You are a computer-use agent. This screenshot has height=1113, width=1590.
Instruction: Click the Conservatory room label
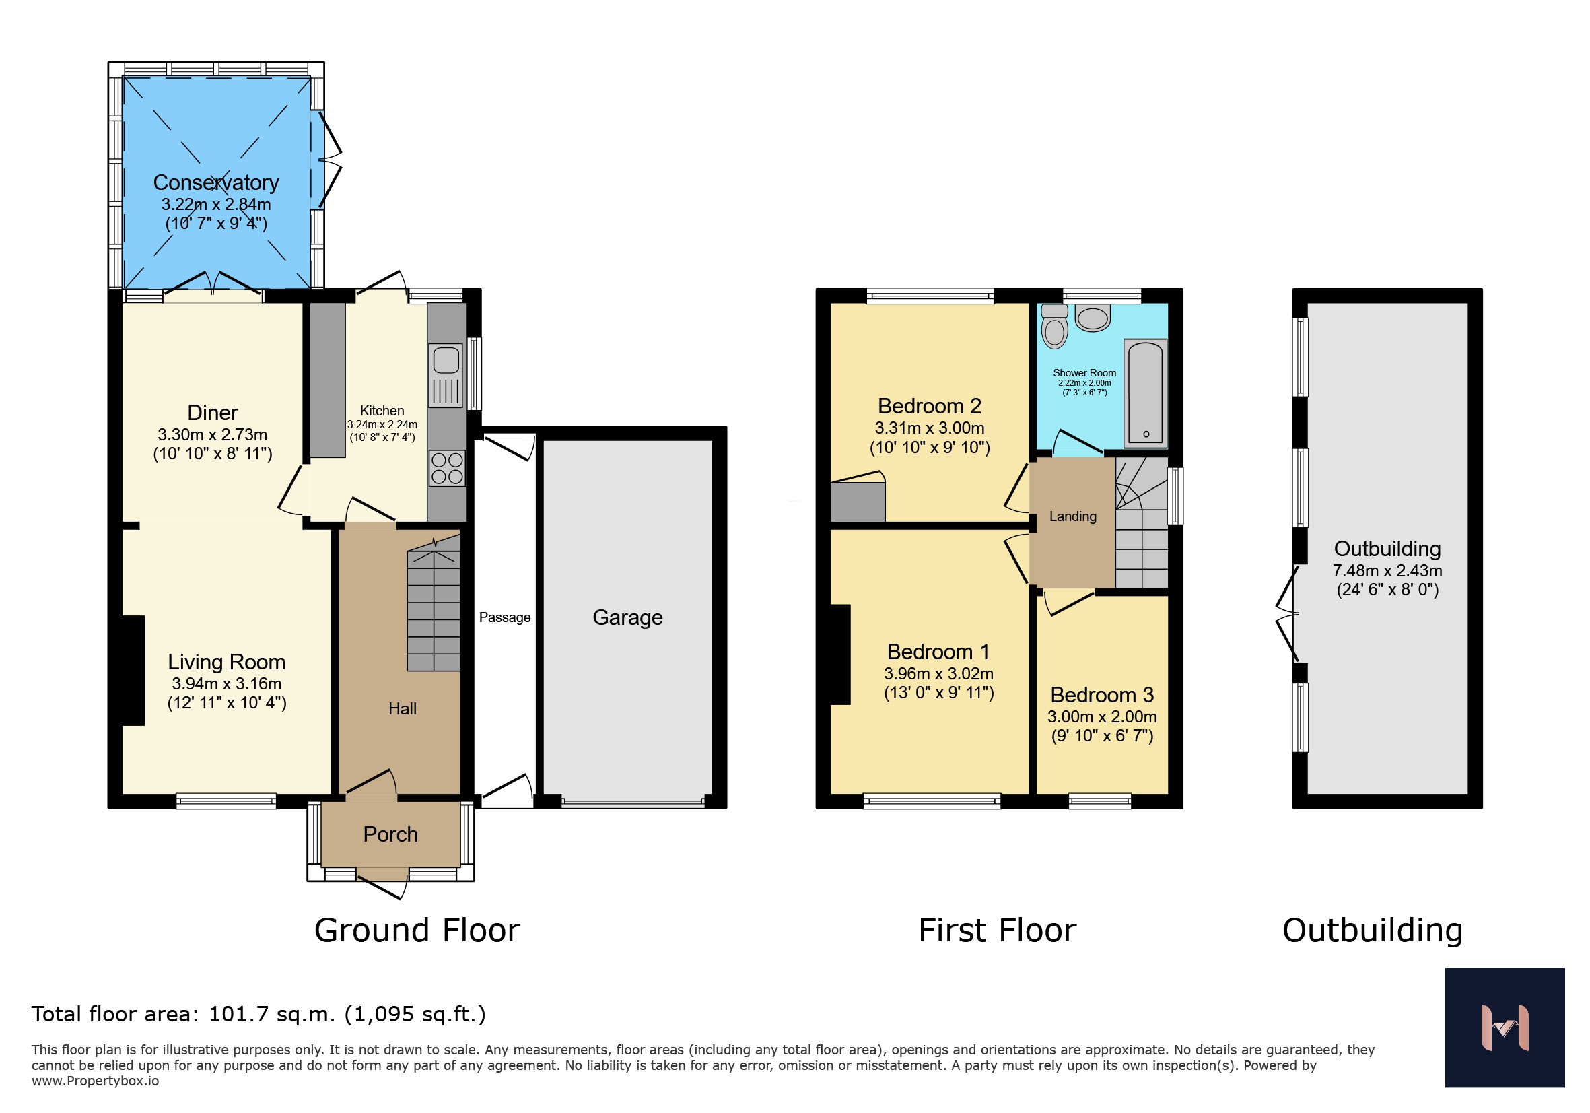pos(216,182)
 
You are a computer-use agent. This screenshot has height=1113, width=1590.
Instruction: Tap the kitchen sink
pos(446,376)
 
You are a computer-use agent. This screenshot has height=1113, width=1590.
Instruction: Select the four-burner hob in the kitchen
pos(447,468)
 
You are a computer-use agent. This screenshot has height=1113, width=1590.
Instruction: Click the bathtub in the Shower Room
pos(1146,392)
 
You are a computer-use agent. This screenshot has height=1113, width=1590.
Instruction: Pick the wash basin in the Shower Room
pos(1093,318)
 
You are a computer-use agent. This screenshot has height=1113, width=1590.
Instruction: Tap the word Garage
pos(627,617)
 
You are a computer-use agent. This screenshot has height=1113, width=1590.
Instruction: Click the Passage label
pos(505,617)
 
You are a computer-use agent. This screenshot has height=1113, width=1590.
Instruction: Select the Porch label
pos(390,834)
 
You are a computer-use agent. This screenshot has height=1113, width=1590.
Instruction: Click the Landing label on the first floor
pos(1073,516)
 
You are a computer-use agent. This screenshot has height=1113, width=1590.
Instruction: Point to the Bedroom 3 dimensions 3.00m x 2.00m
pos(1102,716)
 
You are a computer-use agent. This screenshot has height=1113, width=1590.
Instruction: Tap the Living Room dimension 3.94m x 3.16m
pos(226,683)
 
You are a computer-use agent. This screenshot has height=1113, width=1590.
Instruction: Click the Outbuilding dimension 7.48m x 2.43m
pos(1387,571)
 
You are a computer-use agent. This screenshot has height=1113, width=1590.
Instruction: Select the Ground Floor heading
pos(417,930)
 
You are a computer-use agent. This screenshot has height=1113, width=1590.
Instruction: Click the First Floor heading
pos(997,930)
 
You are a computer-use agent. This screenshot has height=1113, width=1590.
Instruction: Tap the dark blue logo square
pos(1505,1027)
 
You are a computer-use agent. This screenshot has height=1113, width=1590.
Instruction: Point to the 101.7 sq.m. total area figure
pos(272,1014)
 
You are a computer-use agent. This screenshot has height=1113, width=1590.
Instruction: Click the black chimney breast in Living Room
pos(134,671)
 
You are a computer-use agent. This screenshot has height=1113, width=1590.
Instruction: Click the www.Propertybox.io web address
pos(95,1081)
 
